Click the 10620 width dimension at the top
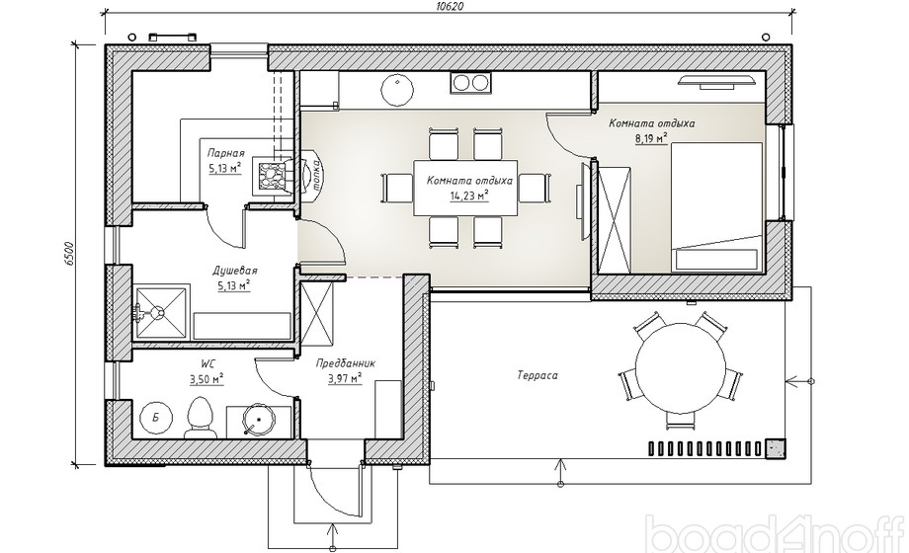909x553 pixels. tap(449, 6)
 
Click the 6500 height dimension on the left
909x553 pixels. tap(70, 253)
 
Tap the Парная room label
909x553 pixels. tap(225, 154)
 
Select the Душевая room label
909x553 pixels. tap(235, 271)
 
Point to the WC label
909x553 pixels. tap(207, 364)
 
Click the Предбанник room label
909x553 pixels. tap(346, 364)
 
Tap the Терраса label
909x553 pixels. tap(537, 375)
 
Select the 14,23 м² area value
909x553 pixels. tap(469, 196)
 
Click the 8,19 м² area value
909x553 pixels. tap(651, 138)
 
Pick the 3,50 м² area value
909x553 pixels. tap(207, 379)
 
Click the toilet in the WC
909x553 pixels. tap(200, 418)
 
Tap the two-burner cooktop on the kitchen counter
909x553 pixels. tap(470, 82)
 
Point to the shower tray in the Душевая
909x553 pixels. tap(161, 311)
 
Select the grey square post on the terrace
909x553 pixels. tap(775, 448)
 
